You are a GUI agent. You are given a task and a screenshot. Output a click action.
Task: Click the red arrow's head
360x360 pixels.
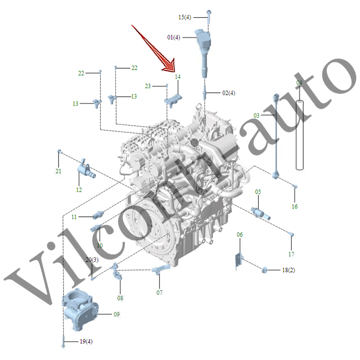pyautogui.click(x=169, y=66)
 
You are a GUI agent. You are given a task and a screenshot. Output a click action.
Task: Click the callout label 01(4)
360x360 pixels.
pyautogui.click(x=174, y=37)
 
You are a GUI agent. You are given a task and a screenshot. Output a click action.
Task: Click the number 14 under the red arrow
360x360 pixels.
pyautogui.click(x=178, y=77)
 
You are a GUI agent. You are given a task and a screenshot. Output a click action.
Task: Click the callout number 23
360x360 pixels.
pyautogui.click(x=148, y=86)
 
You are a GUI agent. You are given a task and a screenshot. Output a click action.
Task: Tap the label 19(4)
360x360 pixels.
pyautogui.click(x=86, y=342)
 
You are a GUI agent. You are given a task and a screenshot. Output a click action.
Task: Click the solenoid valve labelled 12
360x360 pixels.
pyautogui.click(x=86, y=170)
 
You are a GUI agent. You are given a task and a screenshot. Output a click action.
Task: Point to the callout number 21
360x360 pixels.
pyautogui.click(x=58, y=171)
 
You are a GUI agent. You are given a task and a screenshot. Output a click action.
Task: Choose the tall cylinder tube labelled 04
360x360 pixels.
pyautogui.click(x=300, y=135)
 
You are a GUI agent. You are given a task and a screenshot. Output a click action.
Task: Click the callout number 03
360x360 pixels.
pyautogui.click(x=256, y=115)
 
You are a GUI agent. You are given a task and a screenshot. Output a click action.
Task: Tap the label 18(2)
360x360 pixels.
pyautogui.click(x=288, y=270)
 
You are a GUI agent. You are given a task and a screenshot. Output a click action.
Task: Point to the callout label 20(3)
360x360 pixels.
pyautogui.click(x=92, y=260)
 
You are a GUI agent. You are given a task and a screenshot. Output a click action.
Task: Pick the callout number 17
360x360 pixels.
pyautogui.click(x=291, y=254)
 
